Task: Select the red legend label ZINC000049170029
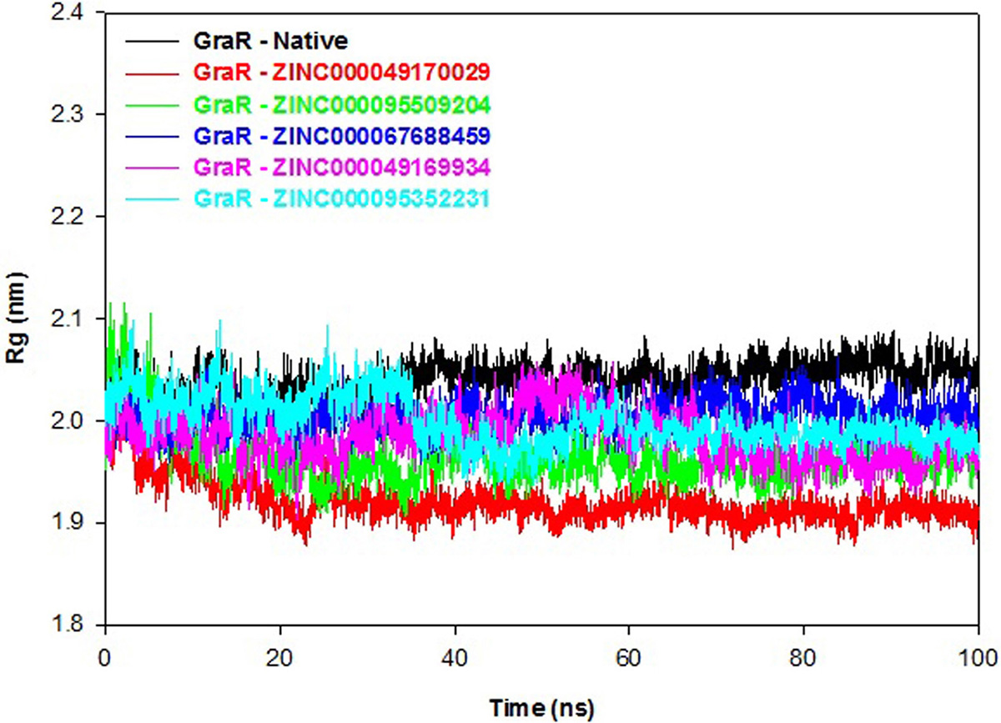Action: click(341, 72)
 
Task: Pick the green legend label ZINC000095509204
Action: click(341, 104)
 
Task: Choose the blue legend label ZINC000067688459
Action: click(341, 136)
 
